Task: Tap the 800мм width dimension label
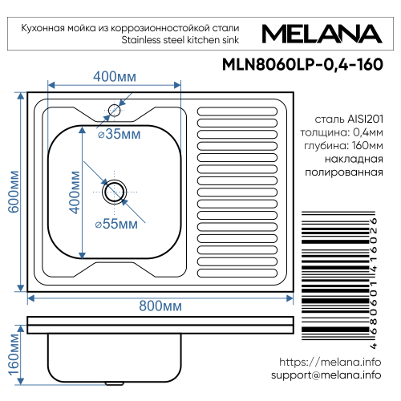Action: pos(160,306)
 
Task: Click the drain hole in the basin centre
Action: pos(114,191)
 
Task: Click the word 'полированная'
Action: pos(346,172)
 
